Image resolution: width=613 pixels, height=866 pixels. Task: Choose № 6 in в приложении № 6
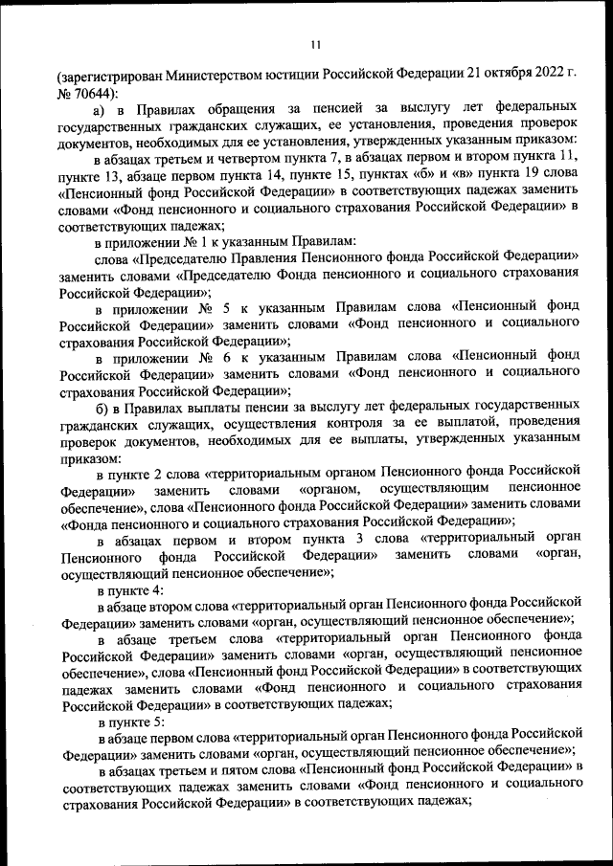pyautogui.click(x=207, y=358)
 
